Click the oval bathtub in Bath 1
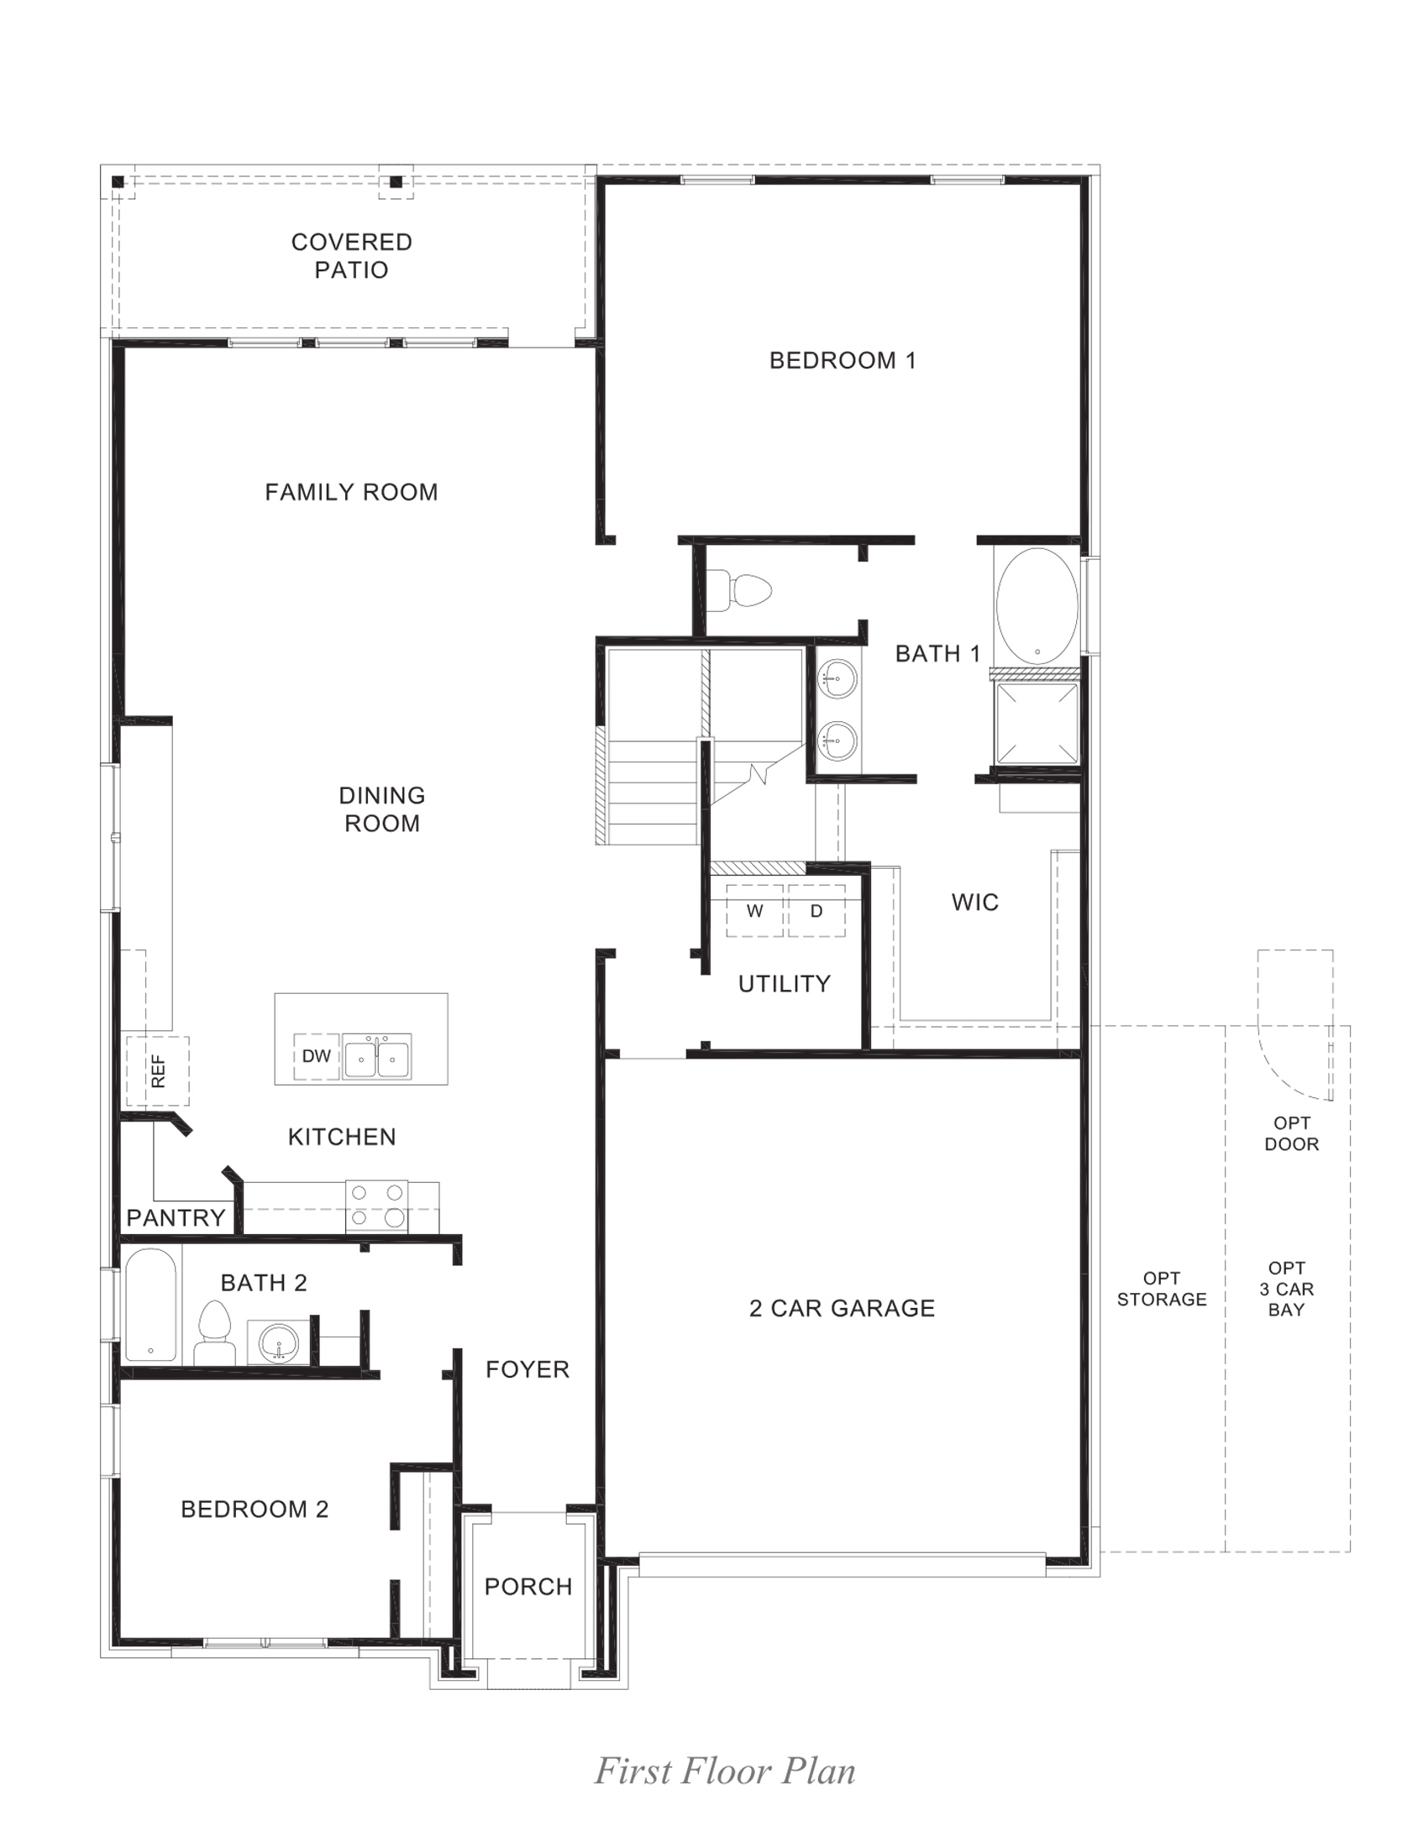1037,605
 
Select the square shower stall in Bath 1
1037,723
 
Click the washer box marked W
754,911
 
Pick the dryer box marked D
816,911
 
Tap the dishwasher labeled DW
317,1056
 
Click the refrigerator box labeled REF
157,1070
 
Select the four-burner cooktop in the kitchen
376,1206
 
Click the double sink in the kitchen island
376,1057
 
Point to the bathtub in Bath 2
150,1305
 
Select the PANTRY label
176,1218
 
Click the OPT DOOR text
1291,1133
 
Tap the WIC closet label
974,903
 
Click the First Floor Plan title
725,1771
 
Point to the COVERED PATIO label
351,255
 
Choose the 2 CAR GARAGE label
842,1308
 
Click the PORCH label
528,1587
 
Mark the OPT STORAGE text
1162,1289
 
